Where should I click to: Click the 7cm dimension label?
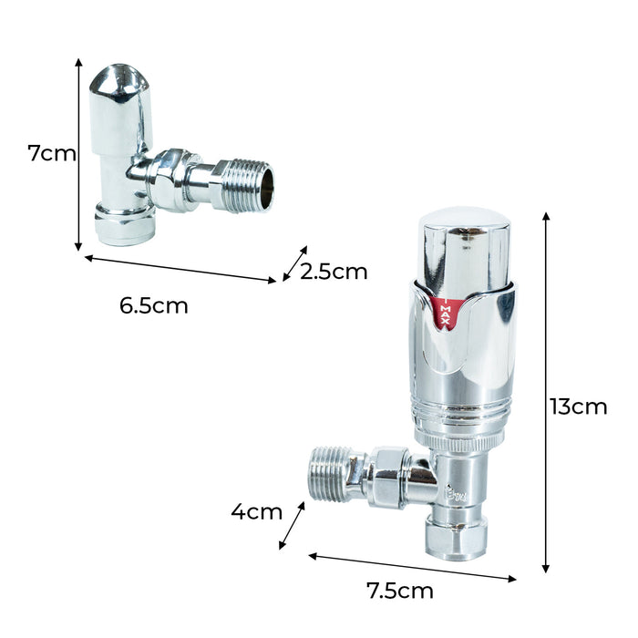point(52,154)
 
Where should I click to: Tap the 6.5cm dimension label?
point(154,306)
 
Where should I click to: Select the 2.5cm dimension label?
point(334,272)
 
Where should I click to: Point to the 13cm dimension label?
point(578,406)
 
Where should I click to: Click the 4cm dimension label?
point(257,511)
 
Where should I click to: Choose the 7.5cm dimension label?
point(400,591)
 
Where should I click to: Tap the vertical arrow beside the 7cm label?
point(78,155)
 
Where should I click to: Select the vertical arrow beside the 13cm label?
point(546,393)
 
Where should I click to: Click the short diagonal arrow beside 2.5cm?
point(295,263)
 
